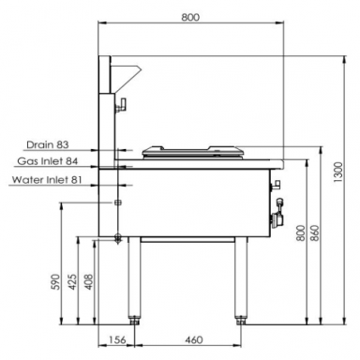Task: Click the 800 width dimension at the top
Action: click(x=190, y=17)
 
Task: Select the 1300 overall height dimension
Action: click(x=338, y=172)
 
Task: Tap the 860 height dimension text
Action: click(x=315, y=233)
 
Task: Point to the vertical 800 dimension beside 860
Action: click(x=300, y=233)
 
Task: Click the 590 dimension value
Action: click(x=55, y=282)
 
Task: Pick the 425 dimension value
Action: click(x=72, y=282)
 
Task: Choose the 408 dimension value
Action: click(x=89, y=282)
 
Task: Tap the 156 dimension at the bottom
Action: click(x=117, y=339)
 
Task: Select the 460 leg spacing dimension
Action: click(x=193, y=339)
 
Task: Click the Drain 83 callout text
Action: click(x=48, y=144)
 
